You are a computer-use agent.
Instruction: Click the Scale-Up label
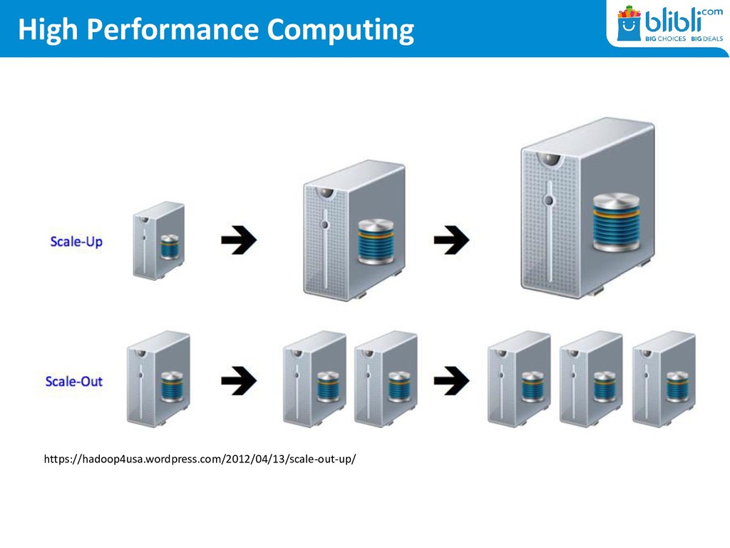76,242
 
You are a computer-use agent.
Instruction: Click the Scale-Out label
74,381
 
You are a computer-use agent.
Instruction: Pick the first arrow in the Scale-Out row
238,380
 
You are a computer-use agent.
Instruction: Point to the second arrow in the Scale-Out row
451,380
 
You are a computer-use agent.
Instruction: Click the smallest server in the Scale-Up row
158,240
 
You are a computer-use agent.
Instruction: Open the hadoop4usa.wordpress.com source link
200,459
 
